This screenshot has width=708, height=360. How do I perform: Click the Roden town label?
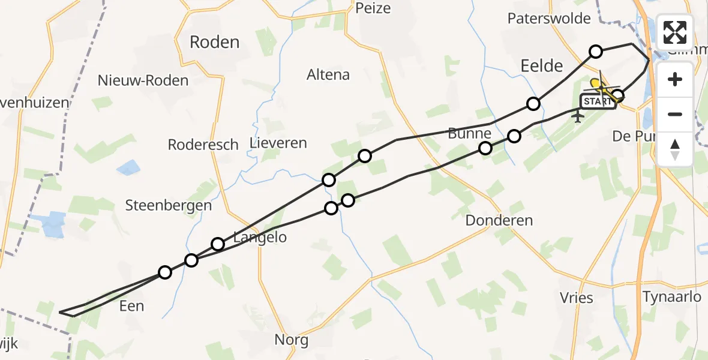click(x=214, y=42)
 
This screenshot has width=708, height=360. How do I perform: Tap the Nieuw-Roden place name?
click(x=143, y=80)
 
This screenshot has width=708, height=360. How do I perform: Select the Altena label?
click(x=328, y=75)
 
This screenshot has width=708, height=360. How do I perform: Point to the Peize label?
click(x=373, y=8)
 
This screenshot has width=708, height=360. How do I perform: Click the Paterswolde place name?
click(x=549, y=19)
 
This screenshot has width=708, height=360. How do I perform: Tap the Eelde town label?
click(x=542, y=65)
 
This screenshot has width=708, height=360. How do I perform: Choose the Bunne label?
click(x=469, y=133)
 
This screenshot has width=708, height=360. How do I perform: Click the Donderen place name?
click(x=499, y=220)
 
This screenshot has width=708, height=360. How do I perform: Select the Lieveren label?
click(x=278, y=143)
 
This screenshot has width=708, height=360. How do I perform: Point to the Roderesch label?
click(x=203, y=145)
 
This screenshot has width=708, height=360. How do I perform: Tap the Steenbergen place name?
click(x=169, y=205)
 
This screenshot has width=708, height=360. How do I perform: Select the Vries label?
click(x=577, y=298)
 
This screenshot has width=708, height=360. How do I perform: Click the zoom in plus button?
click(x=675, y=79)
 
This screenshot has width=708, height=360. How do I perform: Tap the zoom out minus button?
click(x=675, y=114)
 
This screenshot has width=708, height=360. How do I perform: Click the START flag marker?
click(x=598, y=101)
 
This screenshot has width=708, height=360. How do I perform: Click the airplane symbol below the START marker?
click(x=578, y=116)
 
